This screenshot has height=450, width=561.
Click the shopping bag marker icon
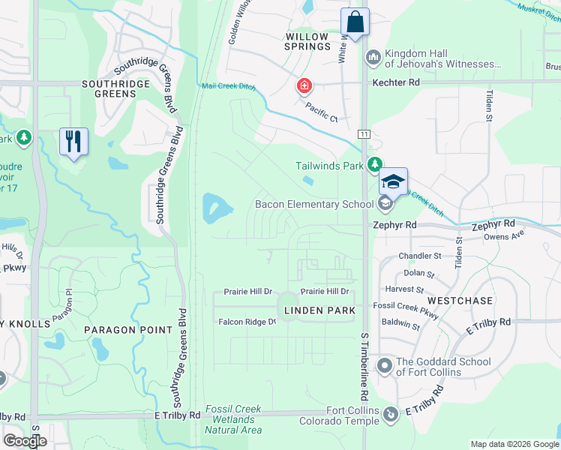pyautogui.click(x=355, y=21)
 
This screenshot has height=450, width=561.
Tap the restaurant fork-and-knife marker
pyautogui.click(x=73, y=141)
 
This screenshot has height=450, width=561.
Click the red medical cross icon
pyautogui.click(x=304, y=85)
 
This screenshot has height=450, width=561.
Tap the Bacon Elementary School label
pyautogui.click(x=314, y=204)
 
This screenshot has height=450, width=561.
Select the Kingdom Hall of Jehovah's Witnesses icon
pyautogui.click(x=373, y=57)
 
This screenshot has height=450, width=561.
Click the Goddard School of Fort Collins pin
pyautogui.click(x=385, y=366)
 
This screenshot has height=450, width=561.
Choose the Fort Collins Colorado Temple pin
pyautogui.click(x=390, y=414)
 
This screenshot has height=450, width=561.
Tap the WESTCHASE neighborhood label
pyautogui.click(x=460, y=301)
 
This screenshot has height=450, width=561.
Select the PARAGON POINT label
pyautogui.click(x=123, y=330)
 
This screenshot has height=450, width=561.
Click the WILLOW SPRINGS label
pyautogui.click(x=307, y=41)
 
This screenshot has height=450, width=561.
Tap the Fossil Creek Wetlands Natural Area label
pyautogui.click(x=233, y=419)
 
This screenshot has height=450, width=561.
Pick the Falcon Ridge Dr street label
pyautogui.click(x=247, y=322)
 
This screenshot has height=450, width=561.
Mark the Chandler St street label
pyautogui.click(x=415, y=256)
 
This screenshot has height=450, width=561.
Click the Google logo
pyautogui.click(x=25, y=441)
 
